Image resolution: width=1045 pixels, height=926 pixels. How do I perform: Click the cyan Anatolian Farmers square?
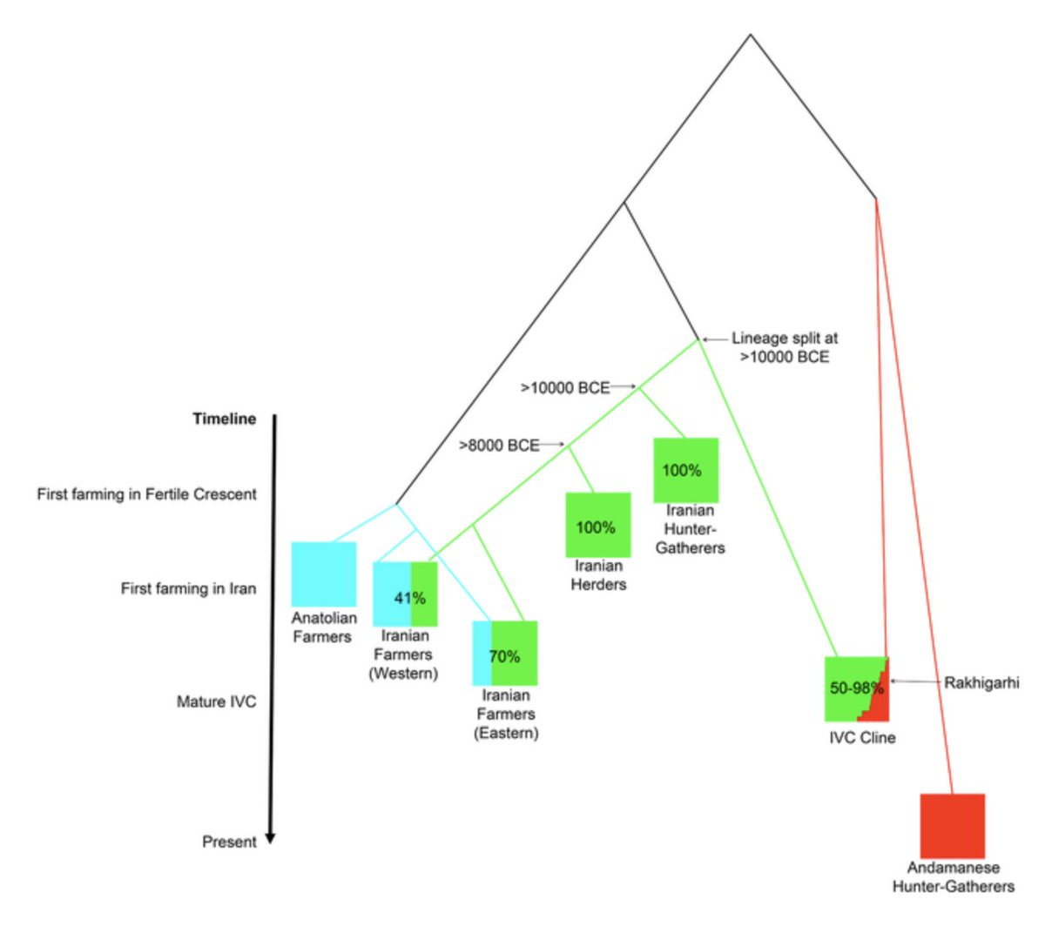323,574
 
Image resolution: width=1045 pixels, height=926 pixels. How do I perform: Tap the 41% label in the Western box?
409,598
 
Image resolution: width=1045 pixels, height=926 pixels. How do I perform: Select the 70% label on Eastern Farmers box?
504,656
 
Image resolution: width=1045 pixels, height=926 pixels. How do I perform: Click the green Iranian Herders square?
597,525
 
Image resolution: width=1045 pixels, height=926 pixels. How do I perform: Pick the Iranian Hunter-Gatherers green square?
686,470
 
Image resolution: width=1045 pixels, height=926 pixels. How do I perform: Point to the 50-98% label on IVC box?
856,688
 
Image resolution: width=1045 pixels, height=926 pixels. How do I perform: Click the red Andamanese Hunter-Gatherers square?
953,825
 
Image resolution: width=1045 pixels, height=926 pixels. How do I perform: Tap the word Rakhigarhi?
981,682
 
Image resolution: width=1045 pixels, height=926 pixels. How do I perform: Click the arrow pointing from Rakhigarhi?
914,682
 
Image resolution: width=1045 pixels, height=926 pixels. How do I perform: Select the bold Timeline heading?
225,419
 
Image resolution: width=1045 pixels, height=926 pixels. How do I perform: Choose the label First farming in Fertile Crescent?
146,493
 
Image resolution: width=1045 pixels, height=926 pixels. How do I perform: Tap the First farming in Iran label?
188,588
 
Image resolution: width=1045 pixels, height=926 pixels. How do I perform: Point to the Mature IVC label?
216,701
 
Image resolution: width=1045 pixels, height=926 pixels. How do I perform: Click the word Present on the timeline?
229,842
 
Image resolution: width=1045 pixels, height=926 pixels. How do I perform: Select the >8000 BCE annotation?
499,446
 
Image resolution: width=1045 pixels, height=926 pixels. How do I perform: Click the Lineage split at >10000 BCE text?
784,347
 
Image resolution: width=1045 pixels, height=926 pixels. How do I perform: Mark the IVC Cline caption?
862,738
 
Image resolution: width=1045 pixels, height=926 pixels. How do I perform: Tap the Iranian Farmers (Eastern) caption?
506,714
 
